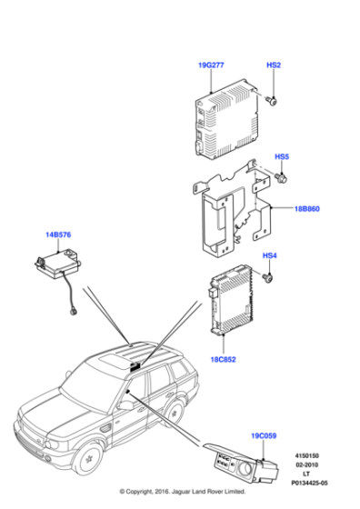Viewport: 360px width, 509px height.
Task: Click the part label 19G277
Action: (x=211, y=65)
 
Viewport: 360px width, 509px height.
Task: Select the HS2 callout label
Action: (x=273, y=65)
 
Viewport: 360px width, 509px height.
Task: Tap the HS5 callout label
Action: (x=282, y=156)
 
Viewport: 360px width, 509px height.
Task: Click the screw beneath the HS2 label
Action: (x=273, y=101)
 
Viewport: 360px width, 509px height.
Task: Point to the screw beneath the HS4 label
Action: (x=270, y=281)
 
